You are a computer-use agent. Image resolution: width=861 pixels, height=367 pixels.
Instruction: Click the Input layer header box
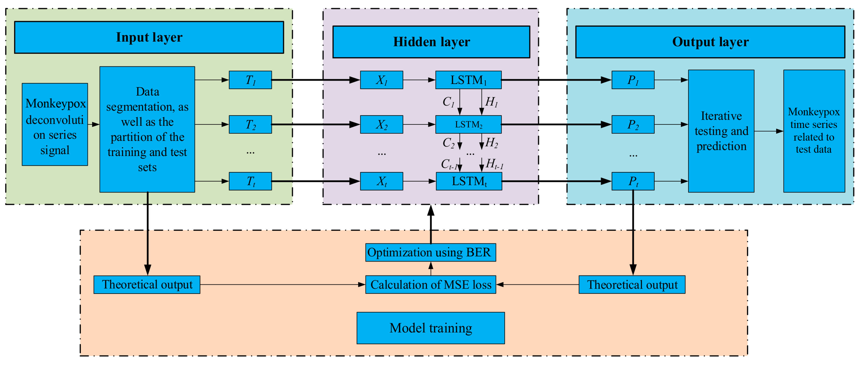click(149, 37)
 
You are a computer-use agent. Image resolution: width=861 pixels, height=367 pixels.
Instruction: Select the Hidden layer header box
click(431, 42)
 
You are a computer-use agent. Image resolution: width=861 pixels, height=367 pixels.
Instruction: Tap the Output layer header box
click(710, 42)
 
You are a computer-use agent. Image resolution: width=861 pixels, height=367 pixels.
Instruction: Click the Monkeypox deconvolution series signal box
click(55, 124)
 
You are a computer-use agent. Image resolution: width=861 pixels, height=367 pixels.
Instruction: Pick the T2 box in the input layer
click(250, 124)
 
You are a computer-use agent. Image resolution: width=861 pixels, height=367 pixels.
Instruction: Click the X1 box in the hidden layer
click(381, 80)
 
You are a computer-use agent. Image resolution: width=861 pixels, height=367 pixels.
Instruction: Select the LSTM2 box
click(468, 124)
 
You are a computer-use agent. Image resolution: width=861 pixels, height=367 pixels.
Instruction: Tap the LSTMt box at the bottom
click(469, 181)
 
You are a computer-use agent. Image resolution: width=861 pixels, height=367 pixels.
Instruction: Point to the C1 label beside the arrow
click(448, 102)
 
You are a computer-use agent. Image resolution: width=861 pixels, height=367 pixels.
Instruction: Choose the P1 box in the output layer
click(633, 80)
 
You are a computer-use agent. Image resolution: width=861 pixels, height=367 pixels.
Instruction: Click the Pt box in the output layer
click(633, 181)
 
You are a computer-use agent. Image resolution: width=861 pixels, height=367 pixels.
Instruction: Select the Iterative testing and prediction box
click(721, 131)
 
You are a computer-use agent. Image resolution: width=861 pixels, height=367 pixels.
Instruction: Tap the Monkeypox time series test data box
click(814, 131)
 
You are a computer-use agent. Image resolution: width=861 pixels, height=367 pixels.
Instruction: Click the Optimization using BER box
click(430, 252)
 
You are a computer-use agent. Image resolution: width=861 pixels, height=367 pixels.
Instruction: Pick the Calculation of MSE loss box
click(430, 285)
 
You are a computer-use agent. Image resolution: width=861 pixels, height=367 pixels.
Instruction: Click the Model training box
click(430, 328)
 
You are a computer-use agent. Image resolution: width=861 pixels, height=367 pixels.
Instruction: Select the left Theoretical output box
click(147, 285)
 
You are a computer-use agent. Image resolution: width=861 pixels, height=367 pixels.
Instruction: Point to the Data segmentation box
click(147, 129)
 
